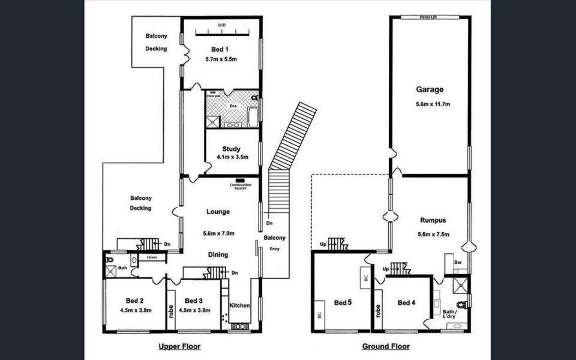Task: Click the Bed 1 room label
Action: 220,49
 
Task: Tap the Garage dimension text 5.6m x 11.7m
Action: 430,104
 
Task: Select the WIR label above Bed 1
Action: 221,25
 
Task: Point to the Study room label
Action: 231,149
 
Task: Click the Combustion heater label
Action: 240,185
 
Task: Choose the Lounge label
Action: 218,211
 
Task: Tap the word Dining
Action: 218,255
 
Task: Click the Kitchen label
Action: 240,305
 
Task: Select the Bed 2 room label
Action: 134,301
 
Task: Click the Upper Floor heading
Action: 179,346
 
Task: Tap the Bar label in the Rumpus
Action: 457,262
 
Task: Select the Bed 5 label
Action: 343,303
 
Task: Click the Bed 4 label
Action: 406,302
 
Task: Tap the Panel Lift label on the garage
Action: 430,17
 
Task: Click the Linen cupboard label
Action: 152,257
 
